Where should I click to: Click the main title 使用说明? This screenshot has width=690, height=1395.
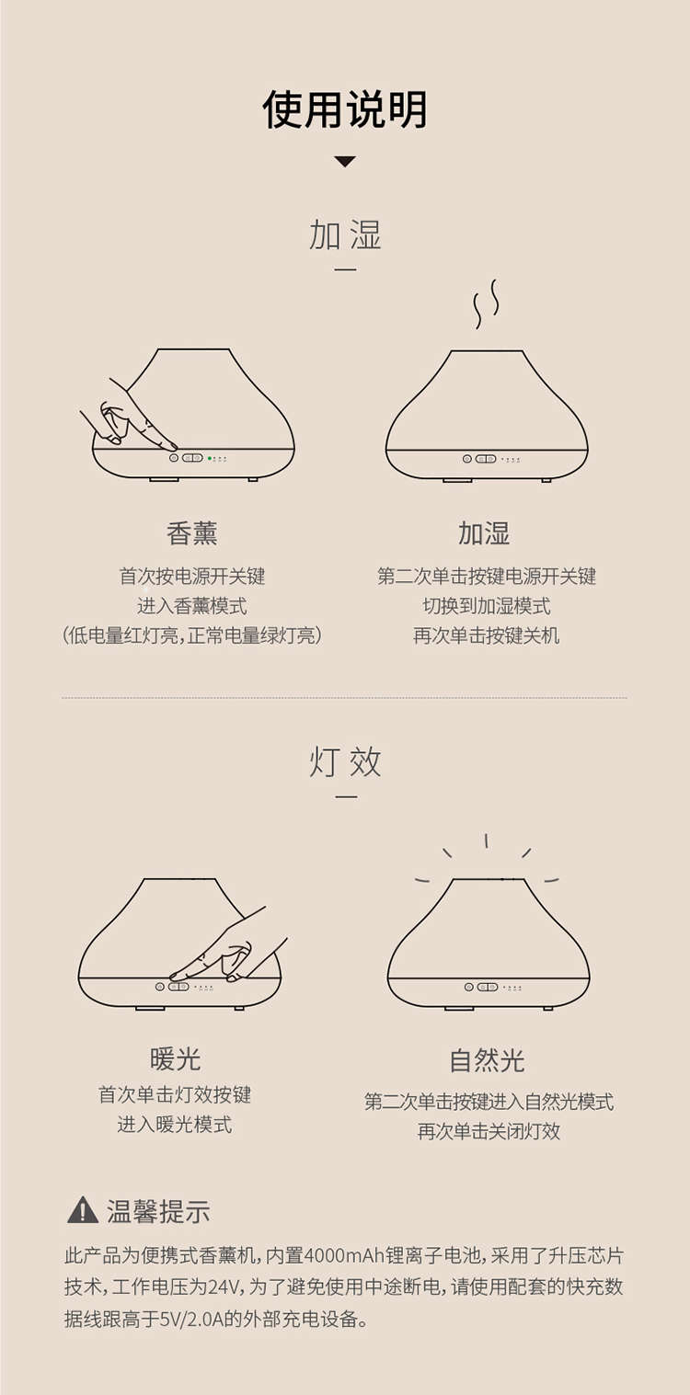[x=345, y=109]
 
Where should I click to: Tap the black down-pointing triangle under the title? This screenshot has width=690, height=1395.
[x=345, y=161]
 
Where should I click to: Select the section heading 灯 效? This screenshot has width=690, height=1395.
[x=345, y=761]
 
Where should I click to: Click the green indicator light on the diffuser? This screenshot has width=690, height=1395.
[x=210, y=458]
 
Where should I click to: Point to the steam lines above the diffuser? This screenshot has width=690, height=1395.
[x=486, y=303]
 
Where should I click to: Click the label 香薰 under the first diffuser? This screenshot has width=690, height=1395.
[x=192, y=533]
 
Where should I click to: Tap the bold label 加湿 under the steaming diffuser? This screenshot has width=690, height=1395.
[x=484, y=533]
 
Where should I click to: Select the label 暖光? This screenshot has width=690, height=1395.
[x=175, y=1059]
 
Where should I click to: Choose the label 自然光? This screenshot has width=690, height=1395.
[x=487, y=1060]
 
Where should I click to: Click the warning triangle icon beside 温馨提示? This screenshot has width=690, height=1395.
[x=82, y=1210]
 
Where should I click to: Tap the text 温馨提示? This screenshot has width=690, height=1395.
[x=157, y=1211]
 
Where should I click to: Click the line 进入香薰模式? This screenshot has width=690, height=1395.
[x=192, y=605]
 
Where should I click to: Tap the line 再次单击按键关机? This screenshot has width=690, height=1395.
[x=486, y=635]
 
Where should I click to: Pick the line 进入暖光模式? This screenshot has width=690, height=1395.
[x=175, y=1124]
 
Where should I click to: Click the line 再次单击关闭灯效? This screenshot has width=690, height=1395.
[x=489, y=1131]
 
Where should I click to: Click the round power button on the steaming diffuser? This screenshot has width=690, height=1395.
[x=466, y=459]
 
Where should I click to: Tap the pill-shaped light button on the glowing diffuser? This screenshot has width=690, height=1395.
[x=488, y=987]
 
